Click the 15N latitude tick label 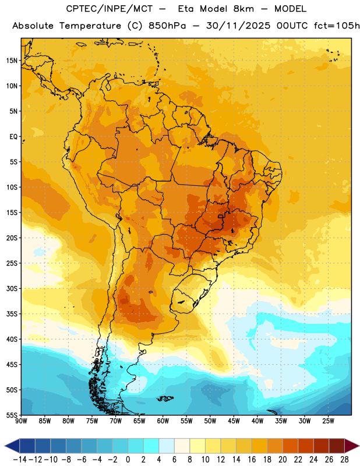pos(12,61)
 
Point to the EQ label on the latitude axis pos(13,137)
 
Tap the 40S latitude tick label pos(12,340)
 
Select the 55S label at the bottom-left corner pos(12,415)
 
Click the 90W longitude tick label pos(21,421)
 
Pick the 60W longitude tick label pos(163,421)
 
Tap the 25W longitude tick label pos(328,421)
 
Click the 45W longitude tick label pos(234,421)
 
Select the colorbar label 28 pos(344,460)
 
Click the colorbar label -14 pos(20,460)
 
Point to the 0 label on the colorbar pos(128,460)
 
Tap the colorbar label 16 pos(252,460)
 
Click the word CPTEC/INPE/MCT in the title pos(109,9)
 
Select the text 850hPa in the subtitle pos(167,26)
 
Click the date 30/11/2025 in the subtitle pos(238,26)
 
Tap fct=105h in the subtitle pos(337,26)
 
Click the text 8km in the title pos(243,9)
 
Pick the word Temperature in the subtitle pos(90,26)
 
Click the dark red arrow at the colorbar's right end pos(352,446)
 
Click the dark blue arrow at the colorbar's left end pos(12,446)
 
